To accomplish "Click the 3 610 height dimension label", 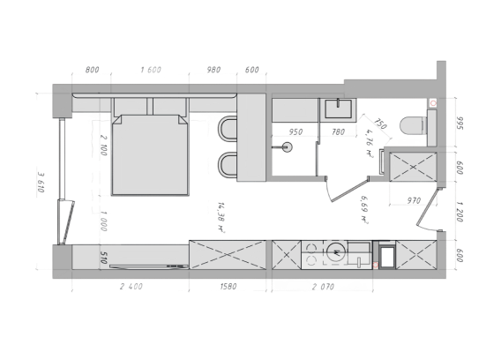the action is (x=41, y=183).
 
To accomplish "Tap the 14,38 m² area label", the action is (x=221, y=217).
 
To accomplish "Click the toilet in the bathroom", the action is (x=413, y=125).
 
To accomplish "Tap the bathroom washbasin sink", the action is (x=338, y=109).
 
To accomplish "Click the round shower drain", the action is (x=288, y=147).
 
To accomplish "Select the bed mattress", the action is (x=150, y=154).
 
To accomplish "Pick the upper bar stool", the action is (x=228, y=128).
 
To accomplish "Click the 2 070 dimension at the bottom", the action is (x=323, y=287).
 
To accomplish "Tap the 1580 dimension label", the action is (x=228, y=286).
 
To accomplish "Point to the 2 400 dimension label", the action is (x=131, y=286).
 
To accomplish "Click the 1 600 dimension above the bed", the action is (x=151, y=70).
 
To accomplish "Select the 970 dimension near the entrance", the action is (x=414, y=200).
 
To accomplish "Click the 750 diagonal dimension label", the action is (x=380, y=124).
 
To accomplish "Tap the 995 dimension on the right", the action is (x=460, y=124).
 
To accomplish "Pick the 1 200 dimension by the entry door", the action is (x=460, y=212).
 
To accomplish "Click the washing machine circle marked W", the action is (x=336, y=251).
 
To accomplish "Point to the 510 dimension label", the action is (x=104, y=258).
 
